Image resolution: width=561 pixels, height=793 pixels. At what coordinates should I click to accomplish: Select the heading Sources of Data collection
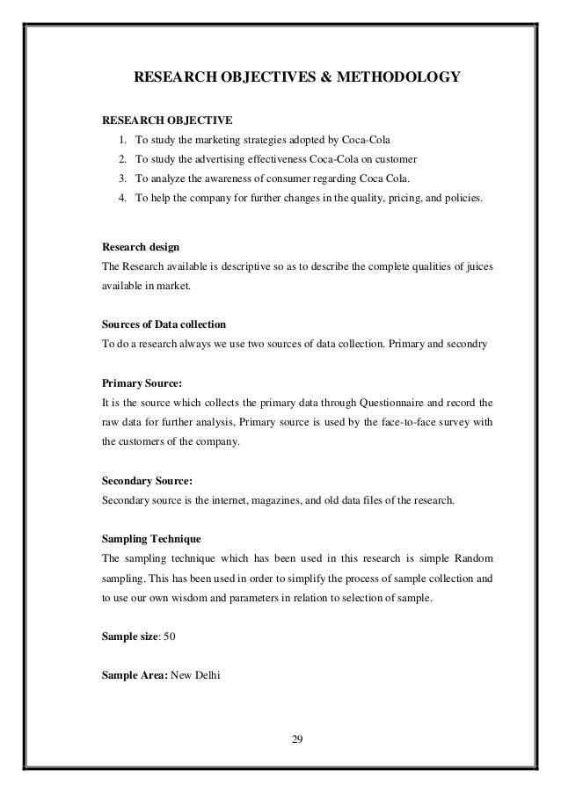pos(164,323)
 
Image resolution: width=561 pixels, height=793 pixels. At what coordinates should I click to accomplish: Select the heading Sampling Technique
pos(152,537)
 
